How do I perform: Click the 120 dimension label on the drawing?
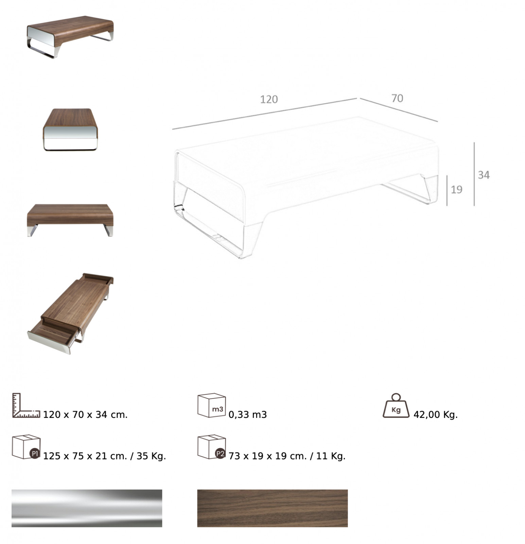tap(269, 99)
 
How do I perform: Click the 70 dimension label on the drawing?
tap(397, 98)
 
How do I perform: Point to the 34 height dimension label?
tap(484, 175)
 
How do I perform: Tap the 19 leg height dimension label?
tap(456, 189)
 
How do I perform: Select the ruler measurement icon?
tap(26, 405)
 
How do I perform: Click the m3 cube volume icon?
tap(212, 405)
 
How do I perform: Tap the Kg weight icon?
tap(396, 406)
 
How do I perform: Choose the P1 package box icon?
tap(26, 447)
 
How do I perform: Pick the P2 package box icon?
tap(212, 447)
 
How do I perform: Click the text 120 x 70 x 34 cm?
tap(85, 414)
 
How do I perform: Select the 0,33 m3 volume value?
tap(248, 414)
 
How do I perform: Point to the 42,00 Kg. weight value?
tap(436, 414)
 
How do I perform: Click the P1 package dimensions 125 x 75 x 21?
tap(85, 456)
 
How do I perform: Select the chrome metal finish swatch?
tap(87, 508)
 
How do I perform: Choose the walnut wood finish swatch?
tap(273, 508)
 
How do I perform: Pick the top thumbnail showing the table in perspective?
tap(70, 37)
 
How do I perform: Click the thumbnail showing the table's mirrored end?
tap(70, 130)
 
